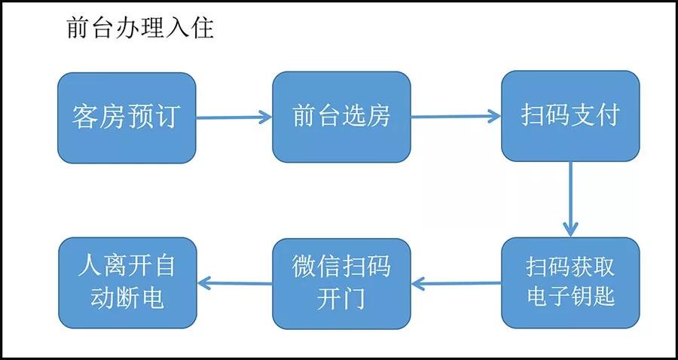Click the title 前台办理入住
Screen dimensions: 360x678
(x=140, y=29)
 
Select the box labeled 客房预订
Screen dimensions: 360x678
(x=127, y=117)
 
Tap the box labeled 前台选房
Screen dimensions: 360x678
(x=341, y=117)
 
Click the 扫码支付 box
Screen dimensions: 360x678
(x=570, y=117)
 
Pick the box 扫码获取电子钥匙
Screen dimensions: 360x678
(x=570, y=282)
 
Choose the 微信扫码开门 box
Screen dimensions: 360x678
(x=341, y=282)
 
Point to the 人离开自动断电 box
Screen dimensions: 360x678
(x=127, y=282)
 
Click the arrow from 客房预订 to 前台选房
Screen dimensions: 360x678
(x=234, y=117)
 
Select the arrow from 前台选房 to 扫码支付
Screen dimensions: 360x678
(x=456, y=117)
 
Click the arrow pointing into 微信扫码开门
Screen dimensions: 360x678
(x=456, y=283)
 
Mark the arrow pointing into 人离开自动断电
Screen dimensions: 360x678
(x=234, y=283)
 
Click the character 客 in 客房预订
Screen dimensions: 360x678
(x=84, y=117)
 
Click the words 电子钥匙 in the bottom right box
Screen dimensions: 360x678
(x=570, y=296)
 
